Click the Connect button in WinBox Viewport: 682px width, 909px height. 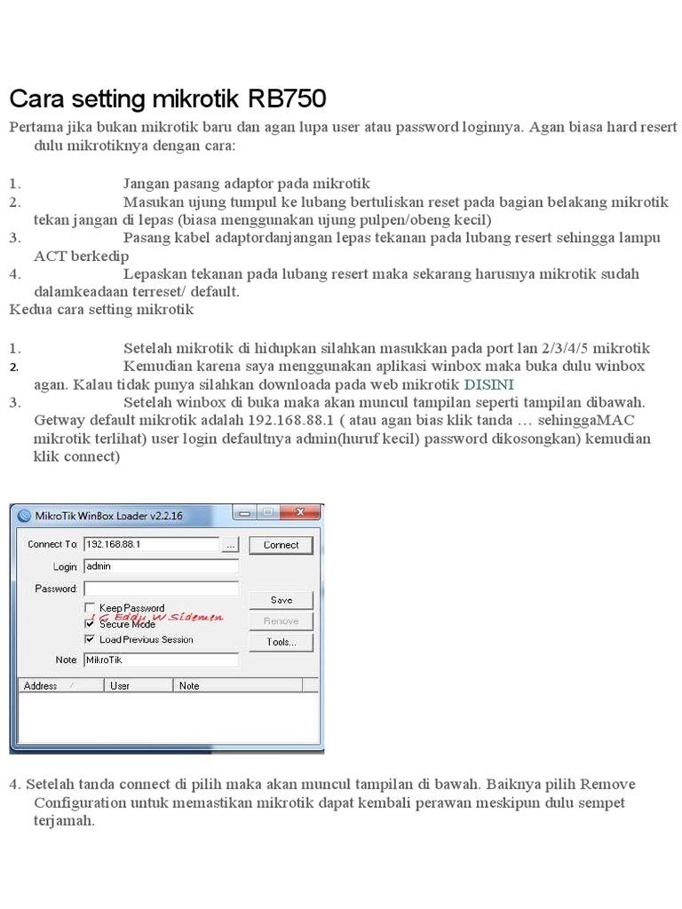(281, 545)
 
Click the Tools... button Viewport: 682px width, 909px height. (281, 642)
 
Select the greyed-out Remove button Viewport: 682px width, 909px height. (281, 620)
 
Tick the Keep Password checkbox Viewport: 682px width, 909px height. (90, 608)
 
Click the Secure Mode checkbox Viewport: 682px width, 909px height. (90, 624)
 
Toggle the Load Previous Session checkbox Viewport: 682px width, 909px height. (90, 639)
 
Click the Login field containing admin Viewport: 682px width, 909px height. (161, 566)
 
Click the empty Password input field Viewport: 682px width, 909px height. (161, 589)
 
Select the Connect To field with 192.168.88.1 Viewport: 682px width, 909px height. (151, 544)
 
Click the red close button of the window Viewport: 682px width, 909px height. (304, 513)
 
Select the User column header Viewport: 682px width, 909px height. (120, 686)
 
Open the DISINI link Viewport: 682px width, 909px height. (489, 384)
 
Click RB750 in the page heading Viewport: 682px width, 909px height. (289, 97)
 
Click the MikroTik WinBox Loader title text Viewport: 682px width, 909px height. (108, 515)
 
